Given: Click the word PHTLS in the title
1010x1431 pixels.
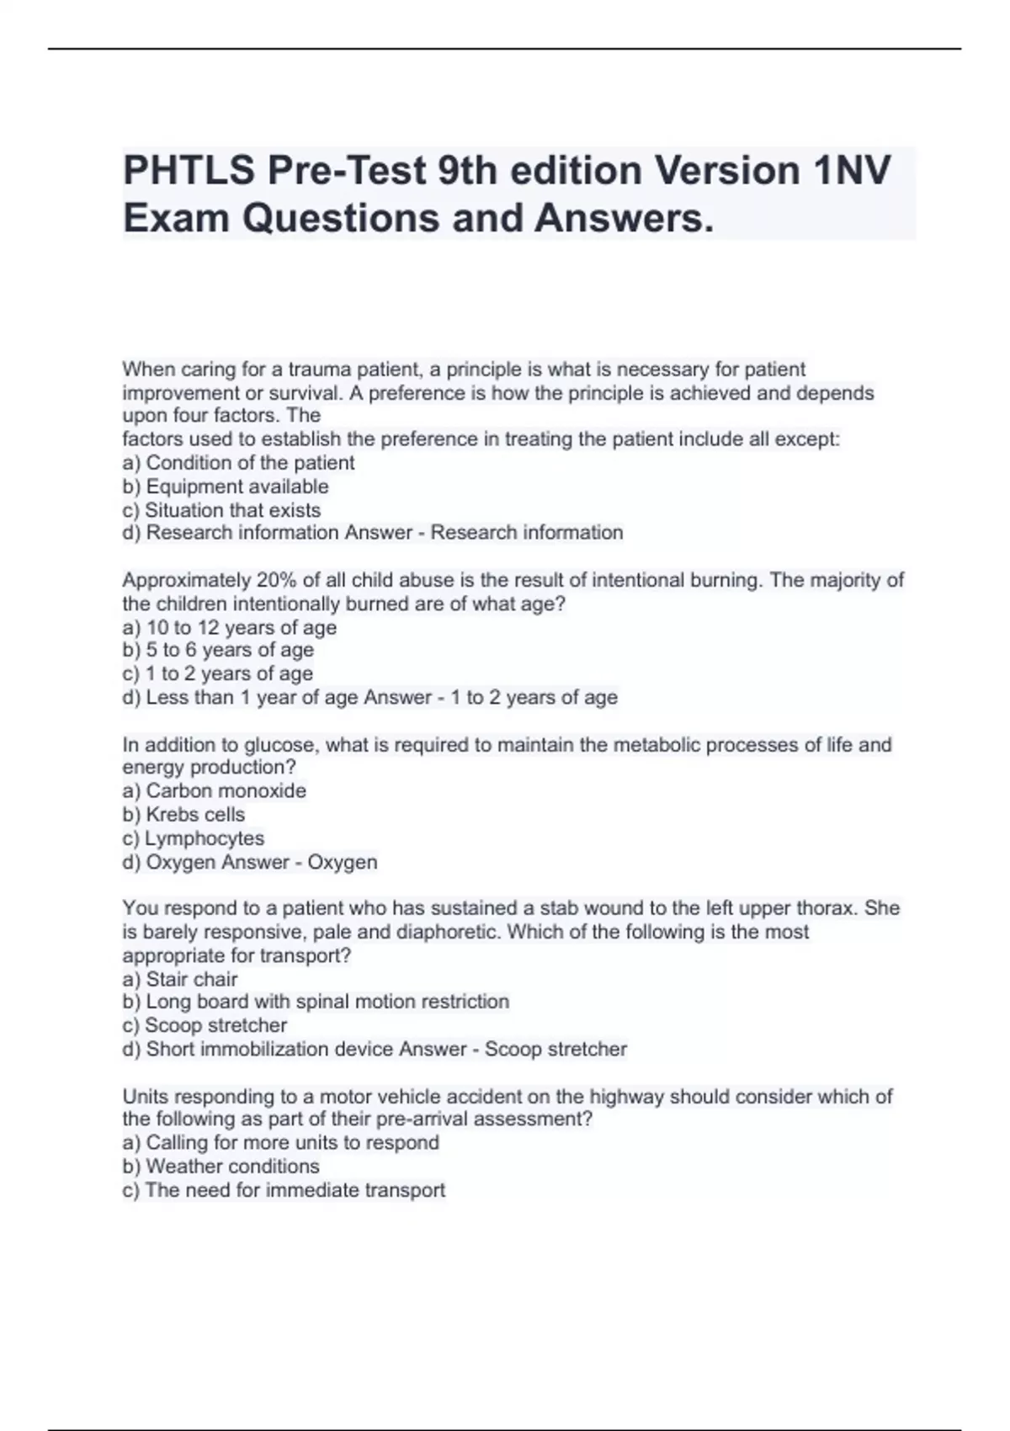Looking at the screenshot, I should coord(188,171).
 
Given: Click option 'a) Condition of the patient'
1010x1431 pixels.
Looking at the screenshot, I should coord(238,463).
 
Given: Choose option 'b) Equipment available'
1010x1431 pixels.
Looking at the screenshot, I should coord(226,487).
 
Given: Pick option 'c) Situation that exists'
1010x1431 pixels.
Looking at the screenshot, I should coord(221,510).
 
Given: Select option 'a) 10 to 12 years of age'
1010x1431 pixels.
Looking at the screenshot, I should coord(229,627).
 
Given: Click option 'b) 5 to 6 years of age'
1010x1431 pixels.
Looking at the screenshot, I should coord(218,650).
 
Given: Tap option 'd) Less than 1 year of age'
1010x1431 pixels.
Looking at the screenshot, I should coord(239,697).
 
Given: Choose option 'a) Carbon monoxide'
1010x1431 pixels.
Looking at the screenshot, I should coord(214,790).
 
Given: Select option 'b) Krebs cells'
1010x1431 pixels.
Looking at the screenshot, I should coord(183,814).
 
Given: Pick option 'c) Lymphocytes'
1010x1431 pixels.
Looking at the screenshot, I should coord(193,838).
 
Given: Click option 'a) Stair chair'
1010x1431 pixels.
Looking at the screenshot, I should coord(180,979).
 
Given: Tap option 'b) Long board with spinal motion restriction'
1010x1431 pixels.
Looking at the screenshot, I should coord(316,1002).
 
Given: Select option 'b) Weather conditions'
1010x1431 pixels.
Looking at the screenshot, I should coord(221,1166).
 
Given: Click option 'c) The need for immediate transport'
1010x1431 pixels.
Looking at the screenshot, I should coord(284,1189).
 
